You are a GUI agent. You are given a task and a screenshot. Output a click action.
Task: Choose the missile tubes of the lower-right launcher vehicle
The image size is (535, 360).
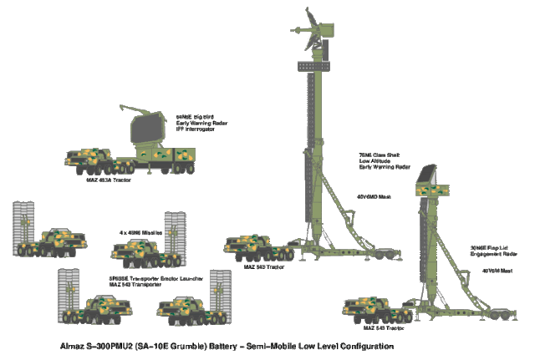pyautogui.click(x=220, y=293)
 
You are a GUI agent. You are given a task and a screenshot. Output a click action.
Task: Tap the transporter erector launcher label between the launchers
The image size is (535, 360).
pyautogui.click(x=139, y=279)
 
